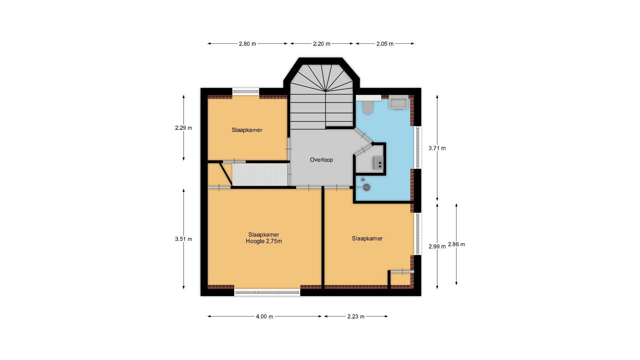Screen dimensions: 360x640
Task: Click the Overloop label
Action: pyautogui.click(x=321, y=160)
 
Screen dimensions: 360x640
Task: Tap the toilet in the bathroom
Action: pyautogui.click(x=368, y=107)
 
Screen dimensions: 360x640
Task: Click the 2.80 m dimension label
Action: pyautogui.click(x=247, y=44)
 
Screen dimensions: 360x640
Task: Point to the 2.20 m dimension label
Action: pyautogui.click(x=322, y=44)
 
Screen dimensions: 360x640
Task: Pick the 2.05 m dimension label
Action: pyautogui.click(x=385, y=44)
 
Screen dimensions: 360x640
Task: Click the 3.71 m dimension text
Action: pyautogui.click(x=437, y=148)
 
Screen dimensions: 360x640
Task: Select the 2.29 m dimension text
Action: pyautogui.click(x=183, y=128)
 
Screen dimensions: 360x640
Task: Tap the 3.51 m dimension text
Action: pyautogui.click(x=183, y=239)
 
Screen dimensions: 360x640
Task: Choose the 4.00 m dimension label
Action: pyautogui.click(x=264, y=316)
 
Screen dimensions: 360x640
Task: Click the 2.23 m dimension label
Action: pyautogui.click(x=356, y=316)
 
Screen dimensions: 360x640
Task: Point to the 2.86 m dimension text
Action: pyautogui.click(x=456, y=244)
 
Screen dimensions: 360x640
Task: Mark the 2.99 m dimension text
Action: pyautogui.click(x=437, y=247)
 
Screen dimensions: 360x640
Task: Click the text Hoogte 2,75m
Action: pyautogui.click(x=264, y=241)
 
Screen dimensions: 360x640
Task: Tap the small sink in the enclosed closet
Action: pyautogui.click(x=378, y=163)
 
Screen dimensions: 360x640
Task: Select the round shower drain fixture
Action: pyautogui.click(x=367, y=187)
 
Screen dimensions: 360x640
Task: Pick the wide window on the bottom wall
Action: pyautogui.click(x=267, y=293)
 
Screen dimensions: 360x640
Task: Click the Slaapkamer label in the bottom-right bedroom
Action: pyautogui.click(x=367, y=238)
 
